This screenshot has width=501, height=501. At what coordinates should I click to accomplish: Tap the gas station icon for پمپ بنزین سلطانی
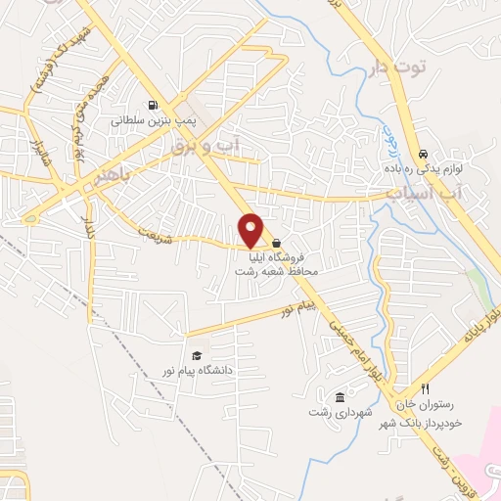pos(152,106)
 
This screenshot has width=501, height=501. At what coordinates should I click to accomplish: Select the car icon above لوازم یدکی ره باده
pos(423,155)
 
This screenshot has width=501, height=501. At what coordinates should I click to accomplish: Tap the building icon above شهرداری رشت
pos(339,397)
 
